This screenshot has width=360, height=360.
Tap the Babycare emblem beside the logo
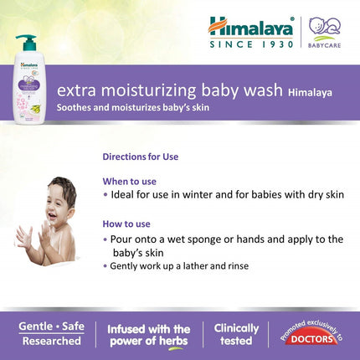(324, 30)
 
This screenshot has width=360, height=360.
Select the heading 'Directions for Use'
(140, 157)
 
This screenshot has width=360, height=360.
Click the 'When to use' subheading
(129, 181)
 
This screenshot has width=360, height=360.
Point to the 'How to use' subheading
(126, 224)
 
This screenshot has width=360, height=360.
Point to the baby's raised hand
(24, 237)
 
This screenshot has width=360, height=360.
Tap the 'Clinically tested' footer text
(236, 335)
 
